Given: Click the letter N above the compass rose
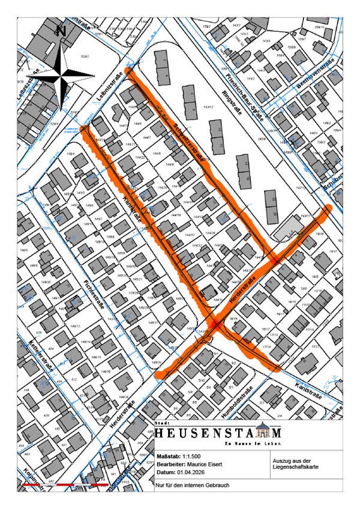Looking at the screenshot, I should pos(61,30).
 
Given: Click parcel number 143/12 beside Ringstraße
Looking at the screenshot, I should pos(208,107).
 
